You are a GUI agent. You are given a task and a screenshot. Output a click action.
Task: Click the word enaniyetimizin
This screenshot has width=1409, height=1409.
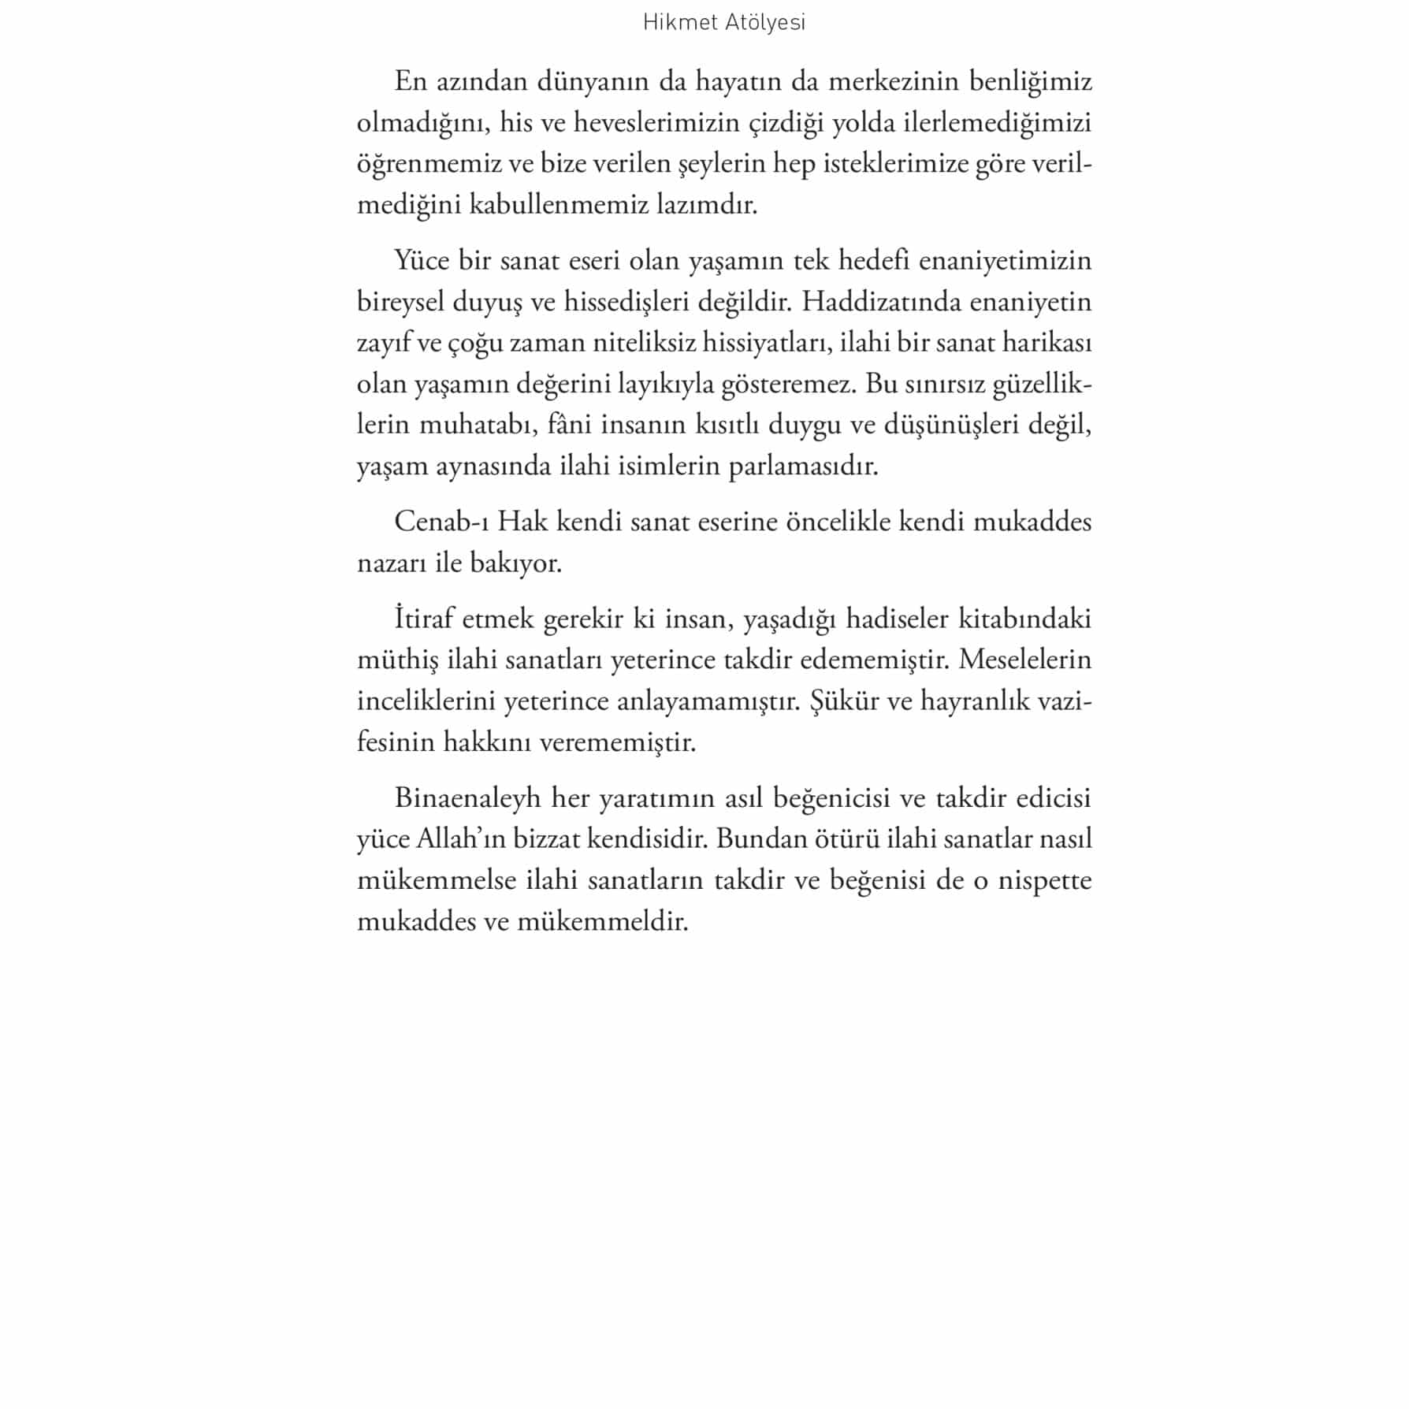1006,261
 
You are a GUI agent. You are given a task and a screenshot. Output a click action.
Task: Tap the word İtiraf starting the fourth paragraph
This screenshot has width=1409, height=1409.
424,619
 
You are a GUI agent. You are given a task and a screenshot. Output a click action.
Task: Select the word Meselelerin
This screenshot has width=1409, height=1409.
1025,660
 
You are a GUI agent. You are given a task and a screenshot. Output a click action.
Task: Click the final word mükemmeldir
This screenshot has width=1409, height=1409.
603,920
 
